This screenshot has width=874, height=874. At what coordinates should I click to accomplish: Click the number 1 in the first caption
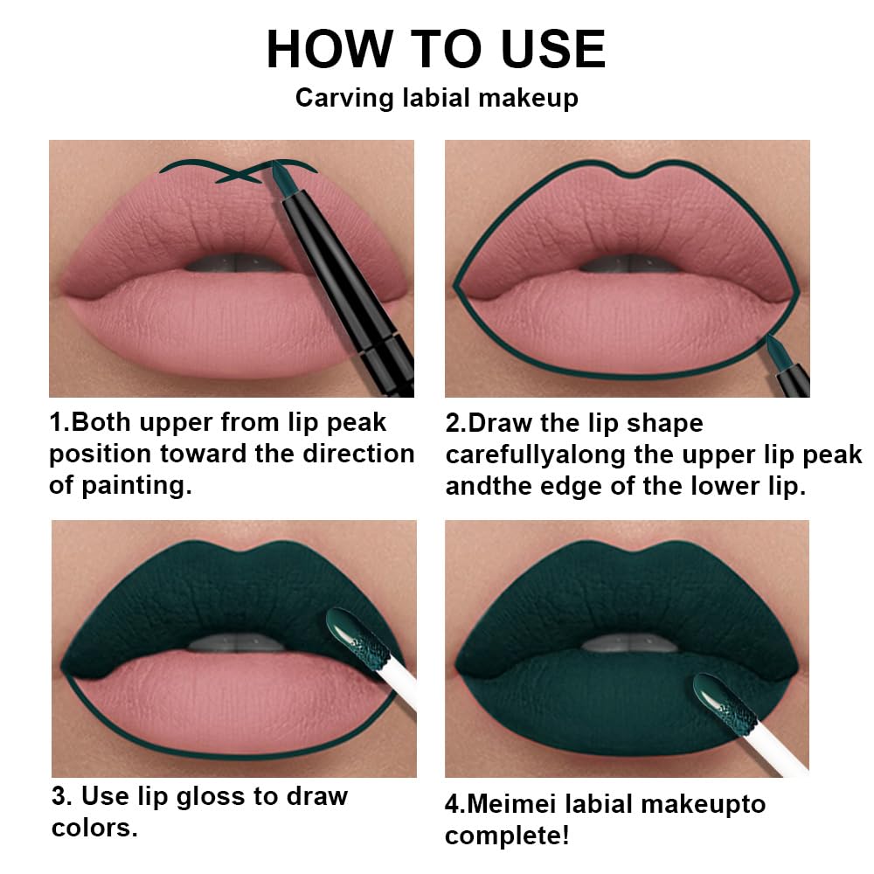pyautogui.click(x=56, y=423)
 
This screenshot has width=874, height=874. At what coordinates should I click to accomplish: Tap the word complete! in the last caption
pyautogui.click(x=507, y=836)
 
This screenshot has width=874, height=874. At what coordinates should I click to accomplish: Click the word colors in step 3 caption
pyautogui.click(x=93, y=828)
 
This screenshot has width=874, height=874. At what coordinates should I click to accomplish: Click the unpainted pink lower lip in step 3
pyautogui.click(x=218, y=699)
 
